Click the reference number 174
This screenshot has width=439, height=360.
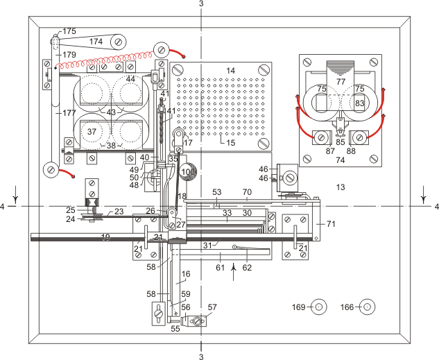point(96,42)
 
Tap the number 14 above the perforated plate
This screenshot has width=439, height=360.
point(231,71)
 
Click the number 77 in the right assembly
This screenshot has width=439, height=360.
point(341,81)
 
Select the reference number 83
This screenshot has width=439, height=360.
point(359,103)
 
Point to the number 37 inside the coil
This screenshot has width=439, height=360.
point(91,131)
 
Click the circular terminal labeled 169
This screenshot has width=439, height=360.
point(318,307)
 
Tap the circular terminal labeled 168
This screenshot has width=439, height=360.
point(368,307)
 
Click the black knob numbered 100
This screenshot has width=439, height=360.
point(187,171)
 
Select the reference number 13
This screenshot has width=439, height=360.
point(340,187)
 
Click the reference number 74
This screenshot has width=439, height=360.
point(341,160)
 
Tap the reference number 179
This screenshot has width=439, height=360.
point(69,54)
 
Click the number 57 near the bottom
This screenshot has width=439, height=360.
point(212,307)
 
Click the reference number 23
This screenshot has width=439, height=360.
point(119,212)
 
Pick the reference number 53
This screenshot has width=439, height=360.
point(216,191)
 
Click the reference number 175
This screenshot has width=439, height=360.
point(69,32)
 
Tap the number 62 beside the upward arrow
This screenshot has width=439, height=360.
point(248,266)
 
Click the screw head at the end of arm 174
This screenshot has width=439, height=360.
point(120,42)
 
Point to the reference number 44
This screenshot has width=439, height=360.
point(130,79)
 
